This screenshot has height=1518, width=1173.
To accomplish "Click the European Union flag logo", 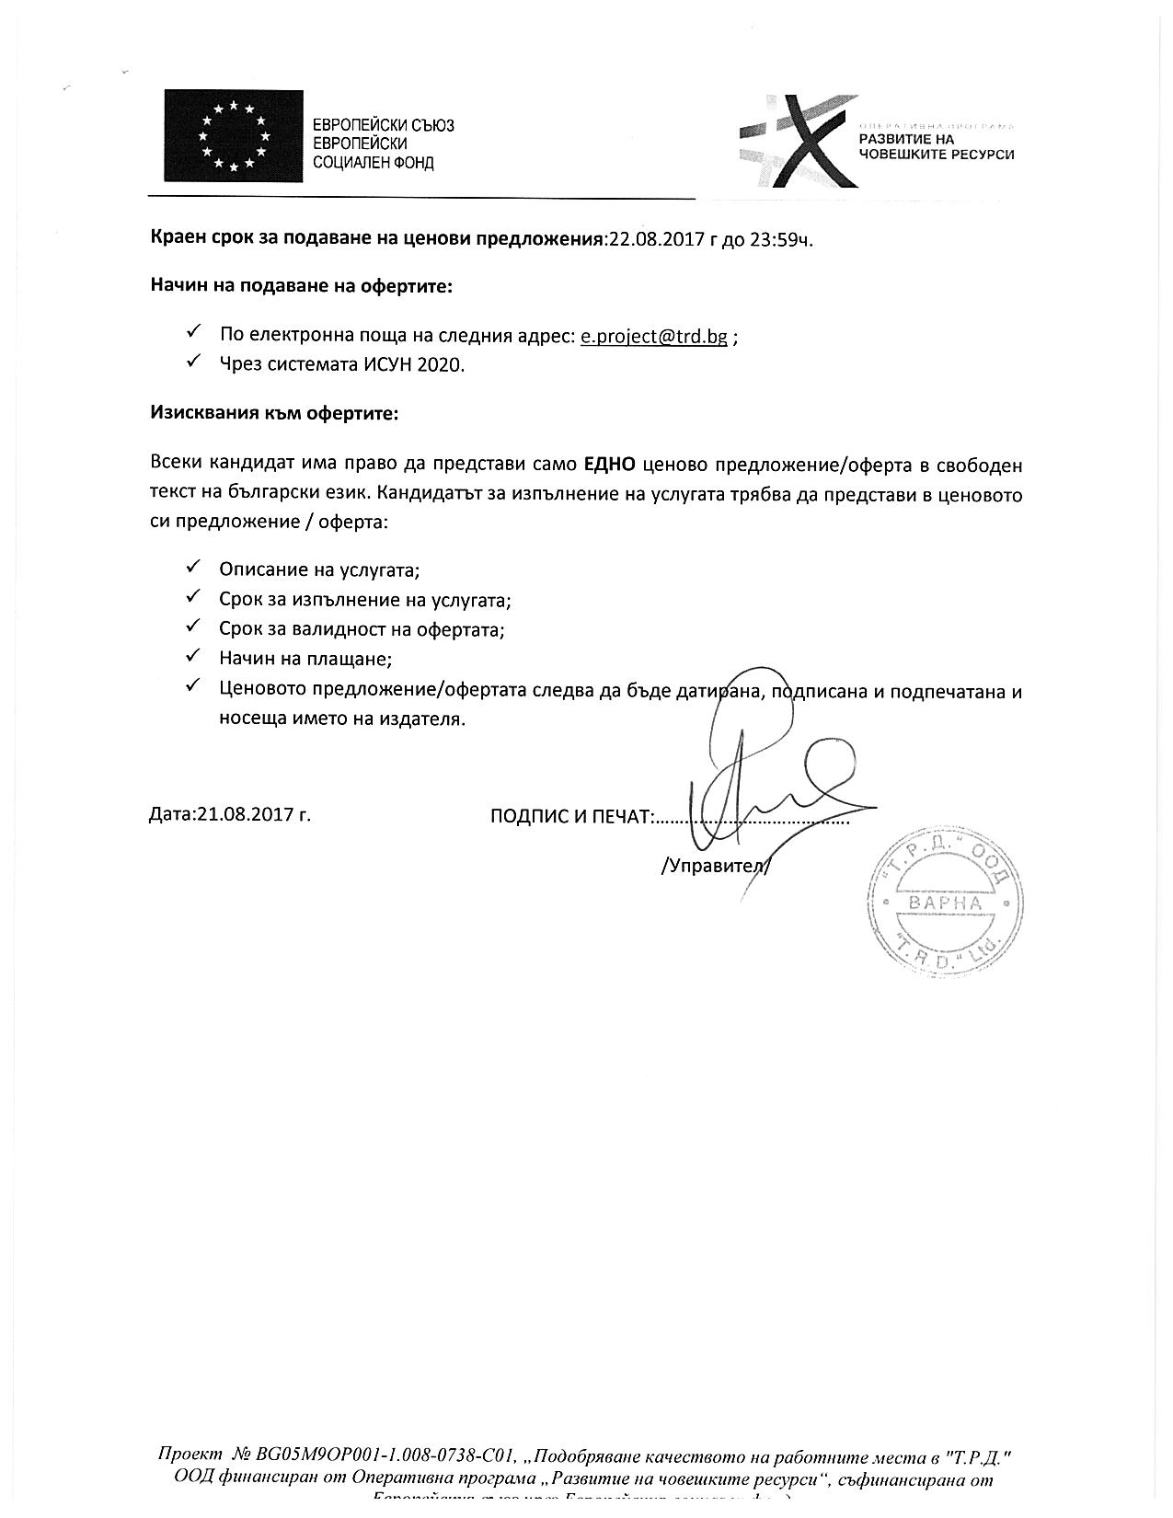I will click(x=234, y=135).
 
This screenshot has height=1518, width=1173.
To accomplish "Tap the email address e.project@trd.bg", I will click(x=653, y=336).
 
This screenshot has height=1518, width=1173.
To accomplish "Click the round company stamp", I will click(x=945, y=902).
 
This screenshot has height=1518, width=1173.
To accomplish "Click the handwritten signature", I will click(x=764, y=782).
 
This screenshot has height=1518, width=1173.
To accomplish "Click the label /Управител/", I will click(x=715, y=866).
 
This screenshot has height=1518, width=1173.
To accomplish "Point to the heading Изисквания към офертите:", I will click(x=274, y=413).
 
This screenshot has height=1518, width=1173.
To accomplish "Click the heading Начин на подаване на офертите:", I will click(x=302, y=286).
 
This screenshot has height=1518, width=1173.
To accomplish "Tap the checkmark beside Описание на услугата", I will click(x=193, y=568).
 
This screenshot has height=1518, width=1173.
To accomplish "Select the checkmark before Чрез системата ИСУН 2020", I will click(x=193, y=362).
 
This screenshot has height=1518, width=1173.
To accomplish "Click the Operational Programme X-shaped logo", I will click(x=797, y=140).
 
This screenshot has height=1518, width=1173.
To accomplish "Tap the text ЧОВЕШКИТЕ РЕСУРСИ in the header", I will click(x=936, y=155).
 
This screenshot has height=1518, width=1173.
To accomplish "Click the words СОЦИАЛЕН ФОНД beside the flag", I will click(x=374, y=163).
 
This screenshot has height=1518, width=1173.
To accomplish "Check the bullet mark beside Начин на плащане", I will click(x=193, y=657).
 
